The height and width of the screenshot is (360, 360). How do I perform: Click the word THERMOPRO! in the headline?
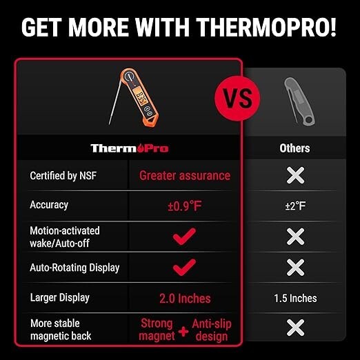click(266, 27)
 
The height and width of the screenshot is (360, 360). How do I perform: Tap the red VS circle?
click(237, 99)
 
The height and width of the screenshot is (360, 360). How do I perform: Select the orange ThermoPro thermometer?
click(134, 97)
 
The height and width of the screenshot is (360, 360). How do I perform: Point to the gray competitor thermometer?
click(299, 101)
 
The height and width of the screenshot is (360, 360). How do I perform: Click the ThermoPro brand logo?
click(130, 148)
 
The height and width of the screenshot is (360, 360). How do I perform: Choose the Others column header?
click(294, 148)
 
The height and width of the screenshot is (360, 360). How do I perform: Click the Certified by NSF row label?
click(63, 176)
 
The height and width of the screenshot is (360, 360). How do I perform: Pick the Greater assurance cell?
click(185, 176)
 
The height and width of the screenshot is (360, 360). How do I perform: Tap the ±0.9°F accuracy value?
click(185, 206)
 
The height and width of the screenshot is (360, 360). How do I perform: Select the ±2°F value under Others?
click(295, 206)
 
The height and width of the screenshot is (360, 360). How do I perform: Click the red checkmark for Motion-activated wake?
click(184, 237)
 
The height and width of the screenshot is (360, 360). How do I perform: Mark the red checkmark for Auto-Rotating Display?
click(184, 267)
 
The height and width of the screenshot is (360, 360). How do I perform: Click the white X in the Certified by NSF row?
click(295, 175)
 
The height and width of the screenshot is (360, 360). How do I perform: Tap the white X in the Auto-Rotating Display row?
click(295, 268)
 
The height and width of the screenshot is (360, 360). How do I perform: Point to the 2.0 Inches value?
click(185, 299)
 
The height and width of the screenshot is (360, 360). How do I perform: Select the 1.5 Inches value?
click(295, 298)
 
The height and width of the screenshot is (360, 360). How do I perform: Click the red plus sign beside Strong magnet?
click(183, 332)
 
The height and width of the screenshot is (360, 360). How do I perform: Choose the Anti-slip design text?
click(212, 330)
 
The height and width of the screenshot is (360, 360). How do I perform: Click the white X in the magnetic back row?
click(295, 328)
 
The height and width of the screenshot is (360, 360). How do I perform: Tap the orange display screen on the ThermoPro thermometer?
click(139, 97)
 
